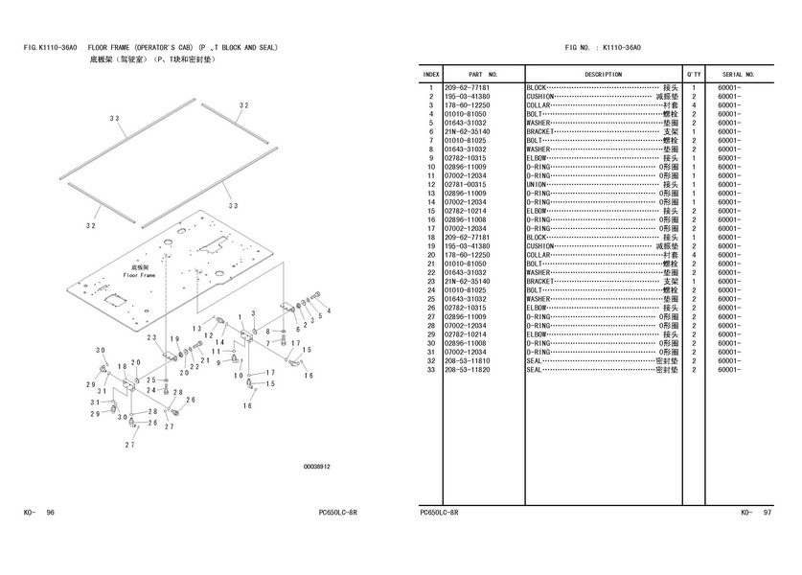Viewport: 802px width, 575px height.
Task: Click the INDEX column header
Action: coord(431,74)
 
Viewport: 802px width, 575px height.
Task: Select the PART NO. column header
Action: coord(483,74)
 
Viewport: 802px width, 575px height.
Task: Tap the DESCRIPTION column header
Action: coord(603,74)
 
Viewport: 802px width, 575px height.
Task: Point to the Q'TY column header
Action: coord(693,74)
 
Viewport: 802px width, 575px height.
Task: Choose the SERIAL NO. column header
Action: coord(739,74)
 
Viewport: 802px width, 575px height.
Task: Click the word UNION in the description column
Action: coord(536,185)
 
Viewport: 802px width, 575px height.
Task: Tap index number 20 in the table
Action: coord(431,255)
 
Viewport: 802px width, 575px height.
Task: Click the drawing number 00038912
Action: coord(316,467)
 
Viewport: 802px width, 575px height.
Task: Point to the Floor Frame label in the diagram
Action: coord(138,275)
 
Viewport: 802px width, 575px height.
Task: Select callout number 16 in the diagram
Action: coord(247,405)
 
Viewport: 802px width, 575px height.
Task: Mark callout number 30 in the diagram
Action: coord(101,351)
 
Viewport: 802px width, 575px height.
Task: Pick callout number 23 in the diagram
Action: coord(151,338)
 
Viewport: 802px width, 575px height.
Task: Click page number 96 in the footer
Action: coord(50,513)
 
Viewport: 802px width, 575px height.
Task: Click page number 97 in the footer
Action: coord(767,513)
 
